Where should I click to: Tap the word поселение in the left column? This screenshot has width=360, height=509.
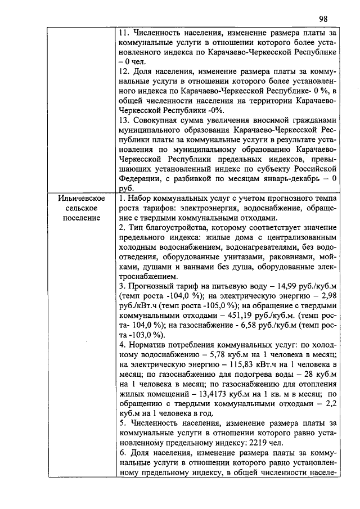click(x=83, y=218)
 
